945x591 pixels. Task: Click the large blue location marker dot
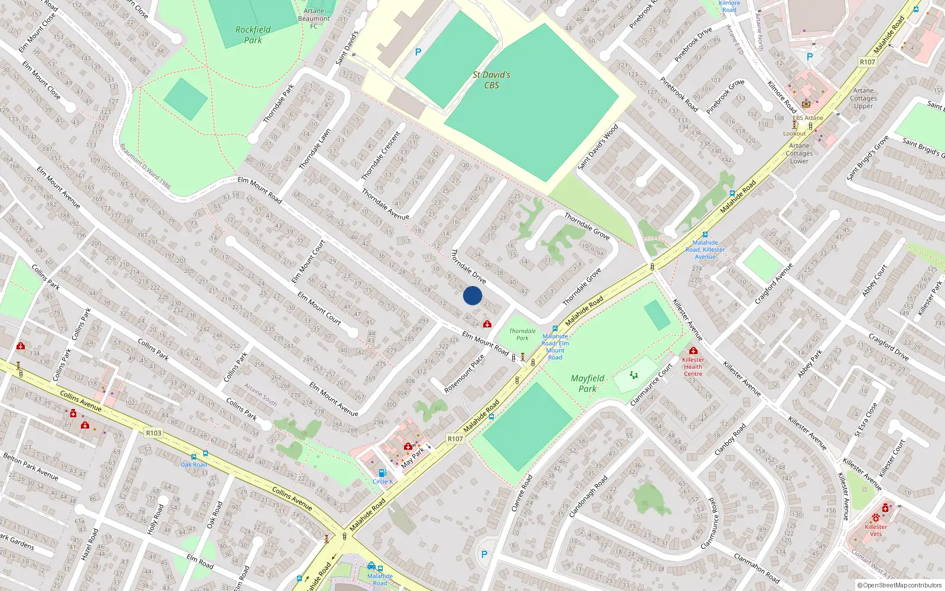[x=472, y=295]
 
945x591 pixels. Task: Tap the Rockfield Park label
[x=253, y=35]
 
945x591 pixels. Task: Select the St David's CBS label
[x=491, y=80]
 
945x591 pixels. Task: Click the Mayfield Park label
[x=587, y=384]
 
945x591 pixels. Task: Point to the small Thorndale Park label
[x=522, y=335]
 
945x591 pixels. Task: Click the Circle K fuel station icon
[x=382, y=473]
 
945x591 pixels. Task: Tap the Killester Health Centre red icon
[x=693, y=351]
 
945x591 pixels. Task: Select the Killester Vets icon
[x=875, y=518]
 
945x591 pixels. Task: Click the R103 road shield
[x=154, y=433]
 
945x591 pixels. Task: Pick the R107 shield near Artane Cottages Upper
[x=867, y=62]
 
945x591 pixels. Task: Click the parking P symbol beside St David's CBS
[x=418, y=52]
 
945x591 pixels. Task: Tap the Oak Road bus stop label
[x=194, y=465]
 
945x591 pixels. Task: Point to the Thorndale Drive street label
[x=468, y=267]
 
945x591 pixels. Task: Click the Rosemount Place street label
[x=464, y=374]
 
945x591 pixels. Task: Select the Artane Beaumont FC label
[x=314, y=18]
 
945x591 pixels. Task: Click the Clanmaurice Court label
[x=651, y=385]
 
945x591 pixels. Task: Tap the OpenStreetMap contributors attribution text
[x=900, y=585]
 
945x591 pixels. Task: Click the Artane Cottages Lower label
[x=799, y=153]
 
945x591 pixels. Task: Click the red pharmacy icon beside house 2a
[x=487, y=324]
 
